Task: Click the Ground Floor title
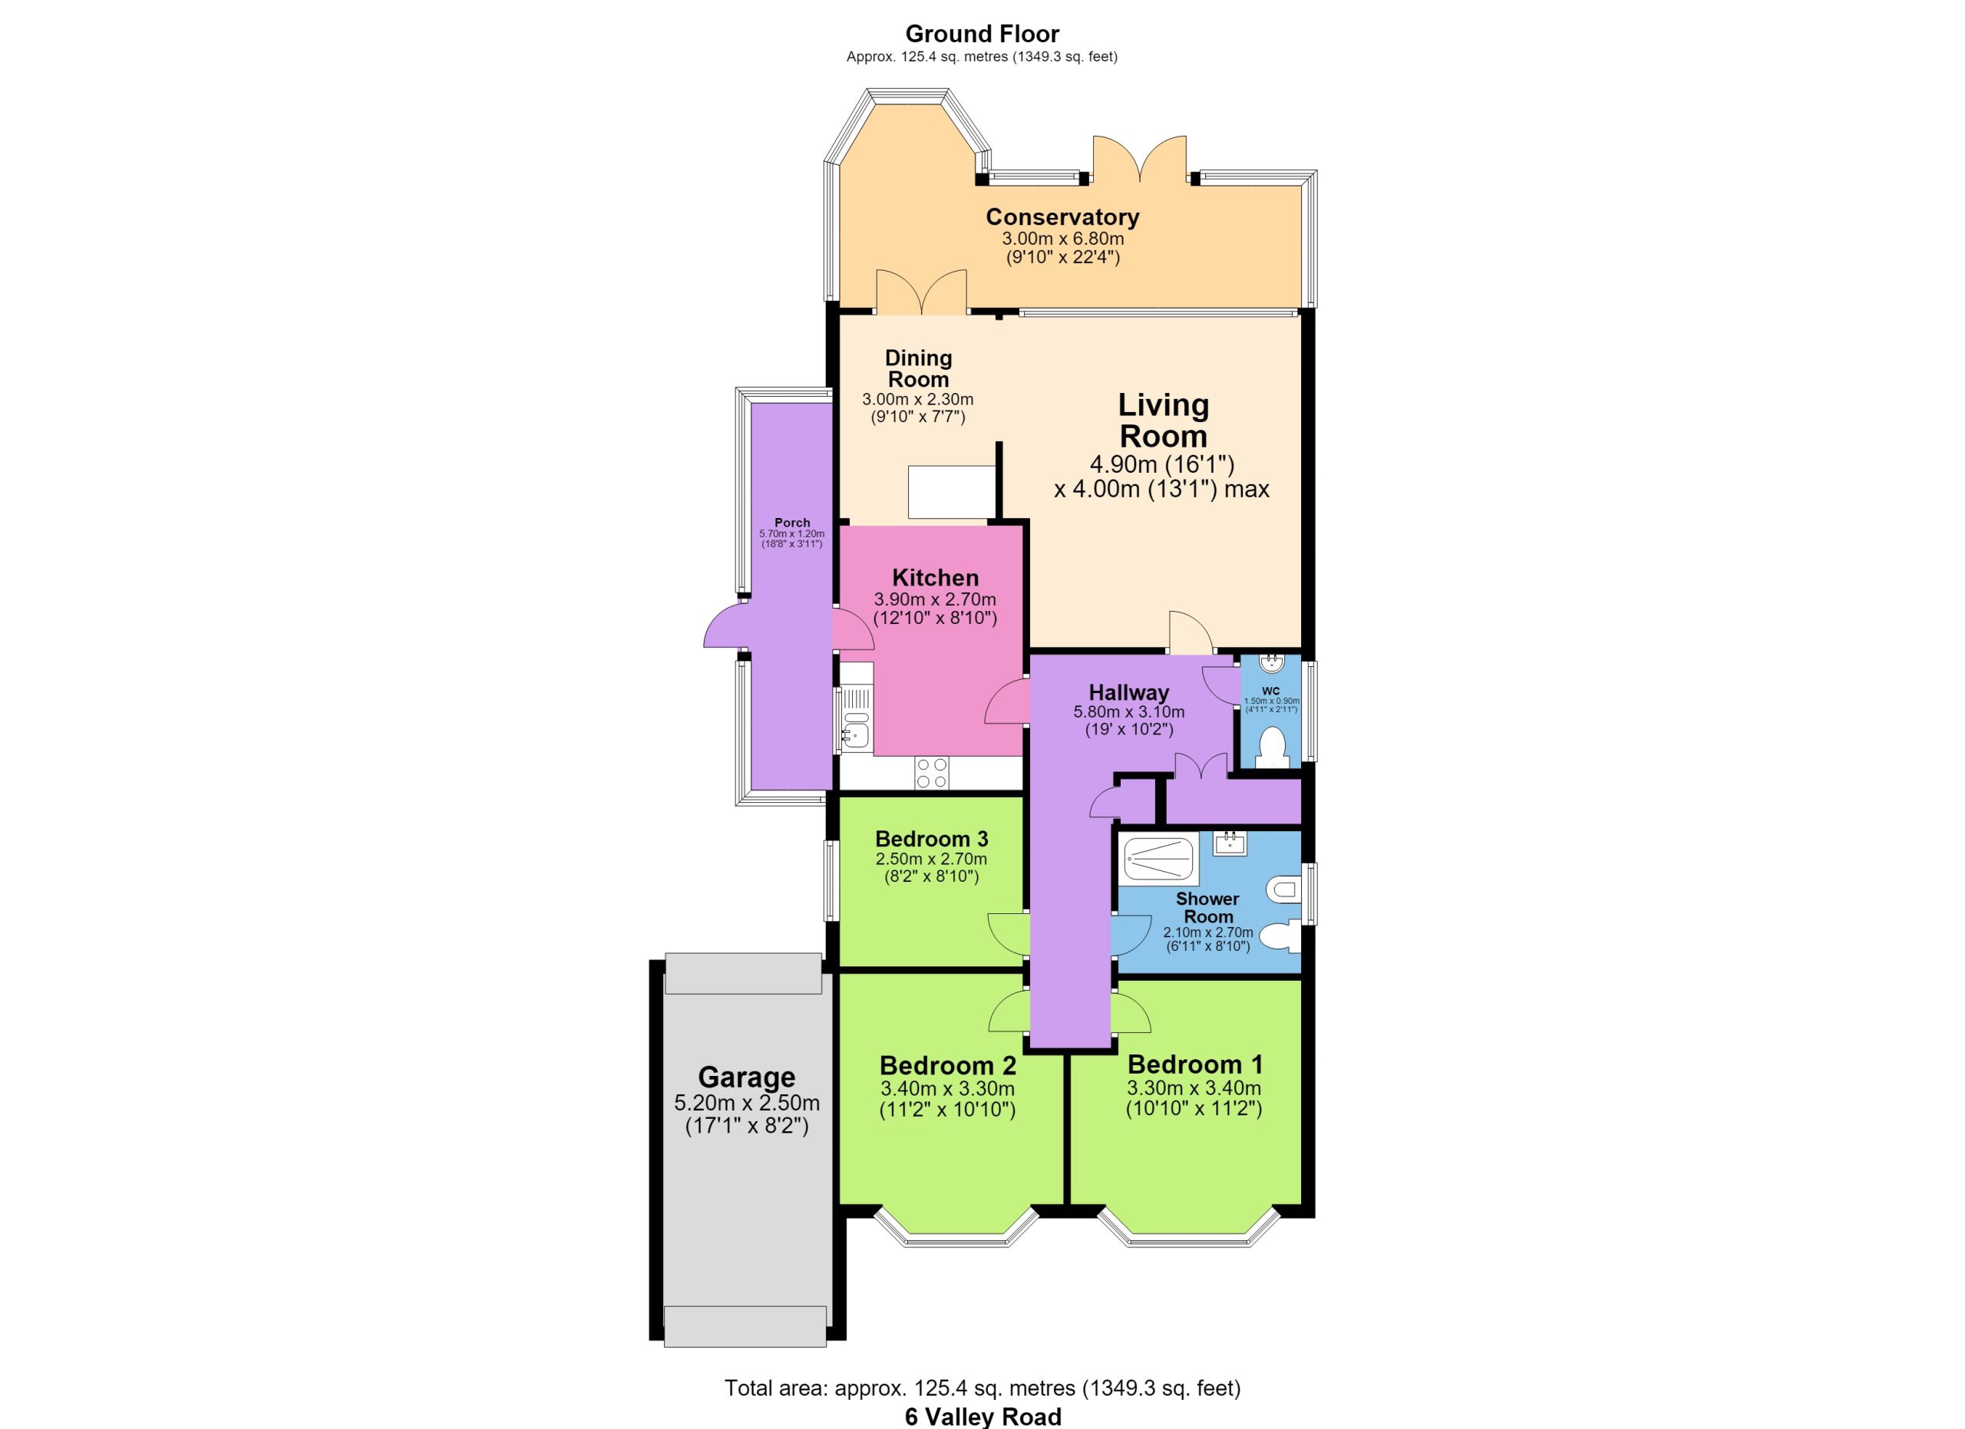(x=982, y=34)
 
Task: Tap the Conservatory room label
(x=1062, y=216)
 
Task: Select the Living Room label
(x=1163, y=420)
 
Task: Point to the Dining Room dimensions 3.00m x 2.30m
(x=917, y=399)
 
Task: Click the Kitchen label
(x=936, y=578)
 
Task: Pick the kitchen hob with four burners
(x=931, y=774)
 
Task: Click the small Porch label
(x=792, y=522)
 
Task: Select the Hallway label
(x=1129, y=693)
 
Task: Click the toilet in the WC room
(x=1272, y=748)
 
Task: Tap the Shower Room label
(x=1207, y=908)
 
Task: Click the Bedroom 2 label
(x=947, y=1065)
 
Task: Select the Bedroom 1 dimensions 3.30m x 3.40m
(x=1194, y=1087)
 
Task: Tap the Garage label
(x=747, y=1077)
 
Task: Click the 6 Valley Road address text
(x=983, y=1417)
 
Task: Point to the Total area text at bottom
(x=982, y=1388)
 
